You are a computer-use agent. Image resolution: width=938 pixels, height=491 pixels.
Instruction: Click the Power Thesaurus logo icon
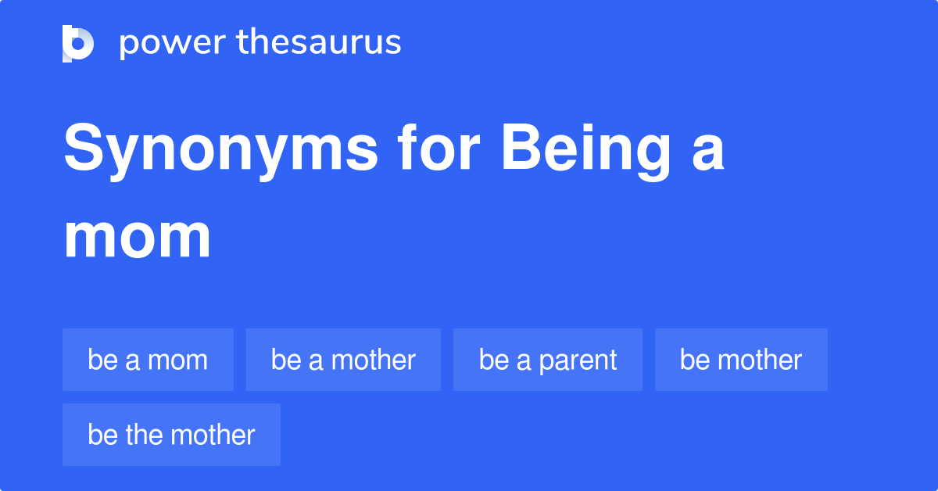78,43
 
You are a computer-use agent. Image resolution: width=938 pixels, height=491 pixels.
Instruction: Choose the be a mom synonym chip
148,360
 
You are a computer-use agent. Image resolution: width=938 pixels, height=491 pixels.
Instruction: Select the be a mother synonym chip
343,360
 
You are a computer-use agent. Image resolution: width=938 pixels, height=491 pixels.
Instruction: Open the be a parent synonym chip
548,360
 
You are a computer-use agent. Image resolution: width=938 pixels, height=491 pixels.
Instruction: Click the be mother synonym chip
741,360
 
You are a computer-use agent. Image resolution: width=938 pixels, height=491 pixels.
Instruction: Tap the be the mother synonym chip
171,435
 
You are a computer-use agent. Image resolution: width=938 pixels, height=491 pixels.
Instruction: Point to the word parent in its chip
578,360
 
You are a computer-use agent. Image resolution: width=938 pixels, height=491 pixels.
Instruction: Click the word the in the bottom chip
146,435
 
